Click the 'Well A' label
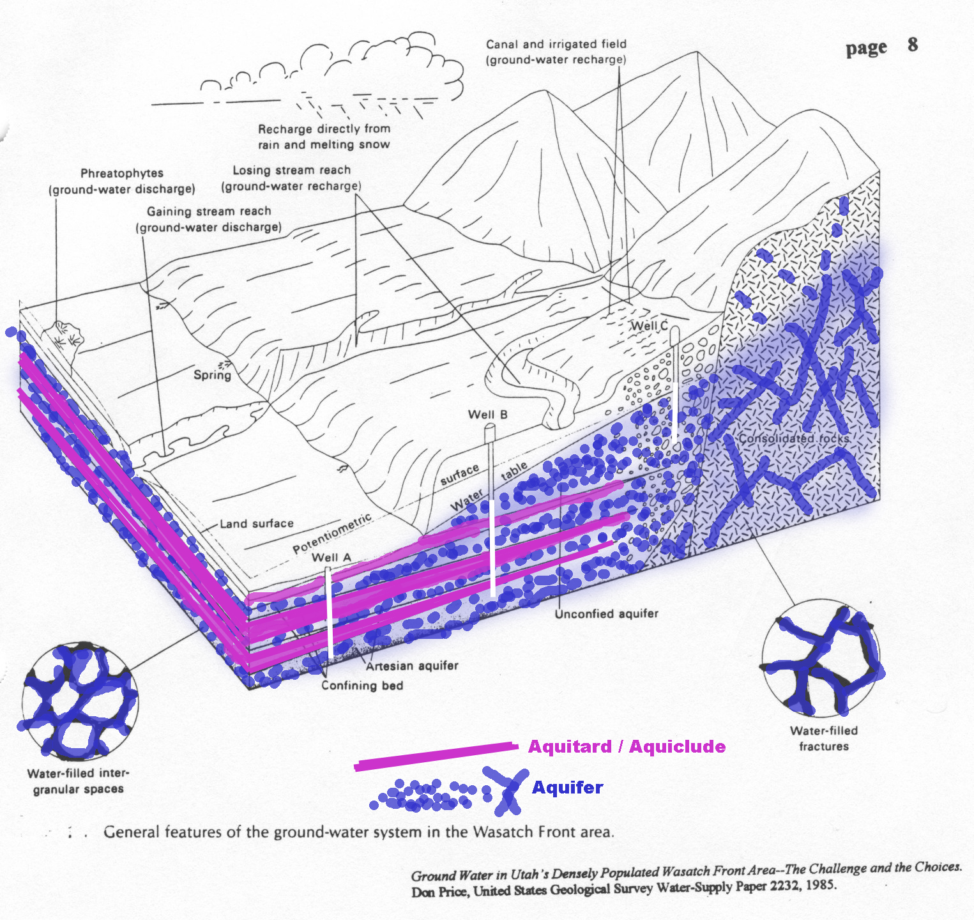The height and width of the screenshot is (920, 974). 331,557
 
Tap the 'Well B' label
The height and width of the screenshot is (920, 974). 488,415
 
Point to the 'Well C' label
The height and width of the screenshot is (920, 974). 649,326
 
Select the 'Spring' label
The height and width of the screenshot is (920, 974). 212,375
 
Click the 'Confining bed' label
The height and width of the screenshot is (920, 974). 362,686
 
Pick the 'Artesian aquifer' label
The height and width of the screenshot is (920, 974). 412,666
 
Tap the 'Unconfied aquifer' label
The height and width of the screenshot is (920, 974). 606,614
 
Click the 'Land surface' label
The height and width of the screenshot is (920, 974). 257,524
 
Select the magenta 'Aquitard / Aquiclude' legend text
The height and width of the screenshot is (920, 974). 627,746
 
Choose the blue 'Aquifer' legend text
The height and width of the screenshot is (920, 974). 567,787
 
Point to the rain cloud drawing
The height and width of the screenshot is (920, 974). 332,73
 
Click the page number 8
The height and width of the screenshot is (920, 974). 913,45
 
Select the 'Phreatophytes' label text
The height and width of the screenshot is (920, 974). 122,173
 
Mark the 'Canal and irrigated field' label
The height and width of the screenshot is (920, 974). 556,44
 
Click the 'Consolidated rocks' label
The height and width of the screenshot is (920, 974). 794,439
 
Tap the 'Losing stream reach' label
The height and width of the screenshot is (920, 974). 291,171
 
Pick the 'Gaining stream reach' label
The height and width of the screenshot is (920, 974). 209,211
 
